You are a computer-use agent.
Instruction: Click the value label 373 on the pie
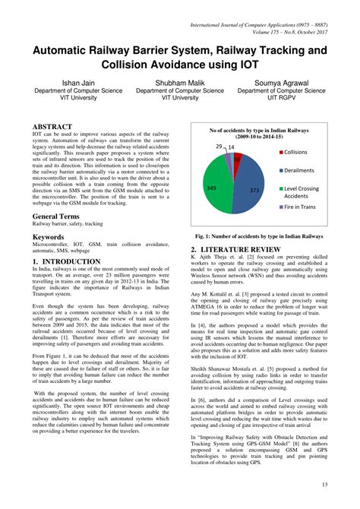pos(254,190)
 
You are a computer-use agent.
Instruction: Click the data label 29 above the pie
pos(219,146)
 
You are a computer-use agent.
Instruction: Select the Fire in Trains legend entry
pos(300,207)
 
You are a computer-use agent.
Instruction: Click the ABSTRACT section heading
pos(52,126)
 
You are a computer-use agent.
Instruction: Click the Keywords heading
pos(48,237)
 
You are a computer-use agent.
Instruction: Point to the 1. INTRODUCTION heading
pos(66,261)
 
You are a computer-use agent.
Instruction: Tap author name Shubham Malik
pos(179,81)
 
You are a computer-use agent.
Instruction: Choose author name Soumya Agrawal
pos(281,81)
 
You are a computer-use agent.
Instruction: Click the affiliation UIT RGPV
pos(281,98)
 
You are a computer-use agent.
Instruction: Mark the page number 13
pos(324,484)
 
